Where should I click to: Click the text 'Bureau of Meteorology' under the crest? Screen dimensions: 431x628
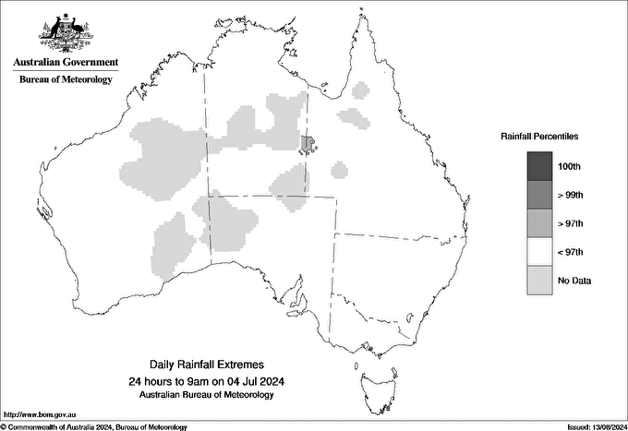point(66,80)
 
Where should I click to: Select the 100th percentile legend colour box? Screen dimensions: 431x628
point(540,166)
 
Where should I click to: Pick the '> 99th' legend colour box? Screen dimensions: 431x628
point(540,195)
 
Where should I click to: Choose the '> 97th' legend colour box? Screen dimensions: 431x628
point(540,223)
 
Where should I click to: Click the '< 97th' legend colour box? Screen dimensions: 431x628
point(540,252)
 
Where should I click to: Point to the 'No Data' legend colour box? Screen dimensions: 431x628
point(540,281)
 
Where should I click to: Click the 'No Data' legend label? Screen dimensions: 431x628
point(574,281)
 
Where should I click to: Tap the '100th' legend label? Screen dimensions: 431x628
point(570,166)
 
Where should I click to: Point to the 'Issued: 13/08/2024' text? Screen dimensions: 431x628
point(590,426)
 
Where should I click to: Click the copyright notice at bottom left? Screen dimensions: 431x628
point(93,426)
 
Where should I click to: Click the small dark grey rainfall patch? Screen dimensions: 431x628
point(308,143)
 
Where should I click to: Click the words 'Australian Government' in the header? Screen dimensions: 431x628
point(66,63)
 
